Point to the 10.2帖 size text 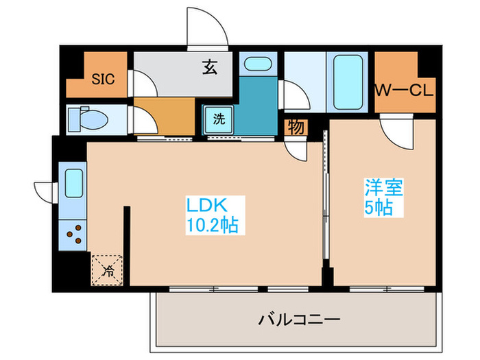[x=212, y=225]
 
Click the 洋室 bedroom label [x=379, y=187]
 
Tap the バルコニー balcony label [x=299, y=319]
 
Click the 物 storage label [x=296, y=127]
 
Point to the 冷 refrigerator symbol [x=108, y=269]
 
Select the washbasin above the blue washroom [x=258, y=65]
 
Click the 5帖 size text [x=379, y=208]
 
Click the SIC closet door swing [x=143, y=85]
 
